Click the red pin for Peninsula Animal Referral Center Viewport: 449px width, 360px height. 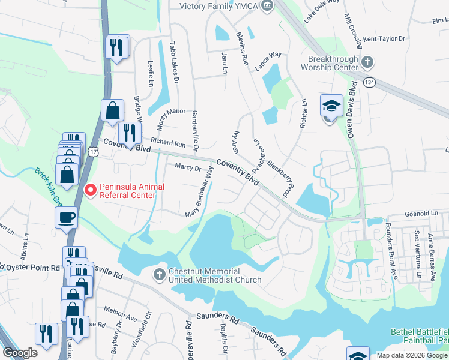[91, 190]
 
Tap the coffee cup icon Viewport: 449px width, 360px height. [66, 217]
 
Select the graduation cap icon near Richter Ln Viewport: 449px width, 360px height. [331, 107]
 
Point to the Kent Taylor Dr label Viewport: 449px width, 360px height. [384, 39]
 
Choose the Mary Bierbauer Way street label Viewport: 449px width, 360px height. [200, 192]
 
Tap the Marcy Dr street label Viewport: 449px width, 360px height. [188, 168]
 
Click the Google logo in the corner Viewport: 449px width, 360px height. [20, 353]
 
